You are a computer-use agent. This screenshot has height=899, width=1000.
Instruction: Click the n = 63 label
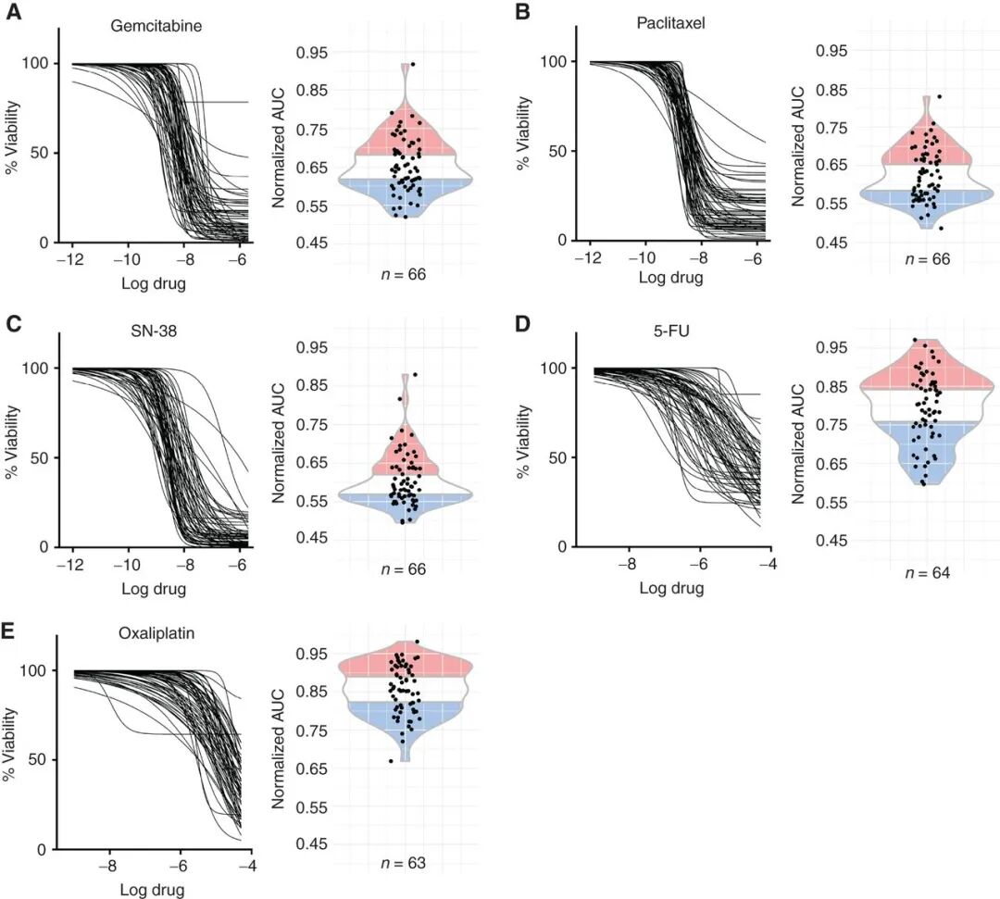(x=403, y=865)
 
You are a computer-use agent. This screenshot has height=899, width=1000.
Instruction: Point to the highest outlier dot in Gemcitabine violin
(x=413, y=65)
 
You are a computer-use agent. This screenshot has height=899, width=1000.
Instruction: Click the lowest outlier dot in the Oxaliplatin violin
(x=391, y=761)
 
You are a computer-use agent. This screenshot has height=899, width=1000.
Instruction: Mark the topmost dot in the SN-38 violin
(x=414, y=375)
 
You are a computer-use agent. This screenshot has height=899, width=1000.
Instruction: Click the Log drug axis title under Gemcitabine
(x=153, y=283)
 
